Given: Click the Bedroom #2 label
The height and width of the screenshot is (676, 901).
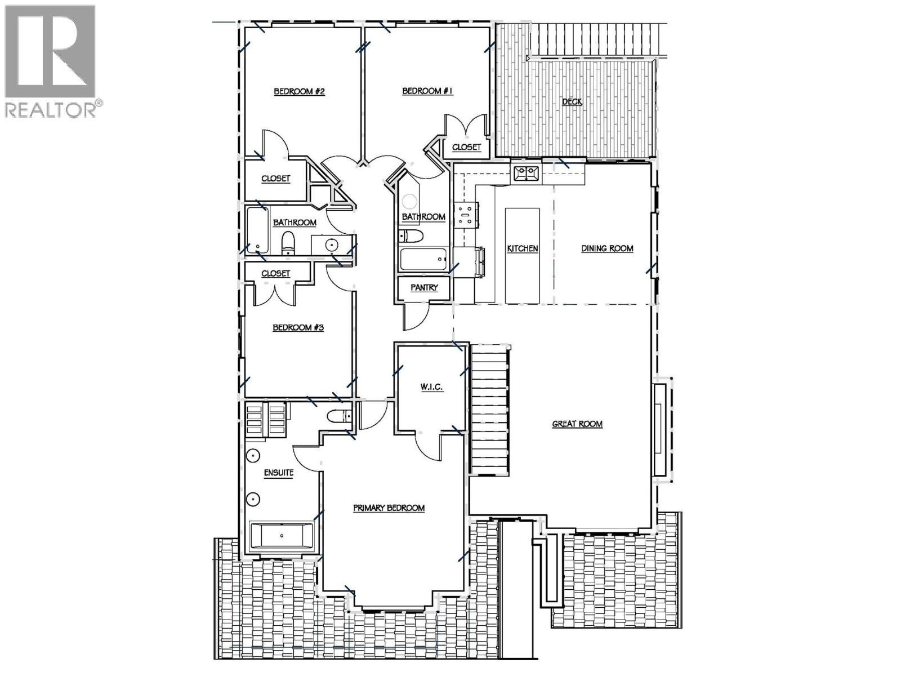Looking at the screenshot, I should [x=300, y=92].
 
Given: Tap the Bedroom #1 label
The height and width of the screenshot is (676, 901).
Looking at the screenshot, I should [x=427, y=91].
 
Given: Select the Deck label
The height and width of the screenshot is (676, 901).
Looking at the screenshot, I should [x=572, y=102].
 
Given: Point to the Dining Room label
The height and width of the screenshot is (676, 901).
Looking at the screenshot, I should [x=607, y=248].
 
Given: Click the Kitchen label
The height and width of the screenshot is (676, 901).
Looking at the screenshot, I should [x=523, y=248].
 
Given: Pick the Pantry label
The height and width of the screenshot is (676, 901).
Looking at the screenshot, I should [x=424, y=288].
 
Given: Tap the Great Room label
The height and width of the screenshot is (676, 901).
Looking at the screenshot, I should [x=577, y=424].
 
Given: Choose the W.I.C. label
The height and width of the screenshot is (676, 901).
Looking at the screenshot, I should [x=431, y=387].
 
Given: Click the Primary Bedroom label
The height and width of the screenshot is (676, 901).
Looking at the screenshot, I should [x=389, y=508].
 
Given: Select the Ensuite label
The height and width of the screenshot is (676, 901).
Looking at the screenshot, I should [x=279, y=473].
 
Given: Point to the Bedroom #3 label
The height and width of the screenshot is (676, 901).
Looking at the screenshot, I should [x=298, y=328].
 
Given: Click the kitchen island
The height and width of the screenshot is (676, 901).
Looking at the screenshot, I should [x=522, y=255].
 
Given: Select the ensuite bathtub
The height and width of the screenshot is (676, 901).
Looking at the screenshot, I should [x=282, y=536].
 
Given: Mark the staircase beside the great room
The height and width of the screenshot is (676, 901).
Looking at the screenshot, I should [x=489, y=410].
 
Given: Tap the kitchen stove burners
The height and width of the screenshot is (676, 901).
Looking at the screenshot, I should [x=466, y=215].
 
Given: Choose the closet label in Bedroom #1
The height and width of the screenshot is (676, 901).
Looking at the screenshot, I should [x=466, y=147].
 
